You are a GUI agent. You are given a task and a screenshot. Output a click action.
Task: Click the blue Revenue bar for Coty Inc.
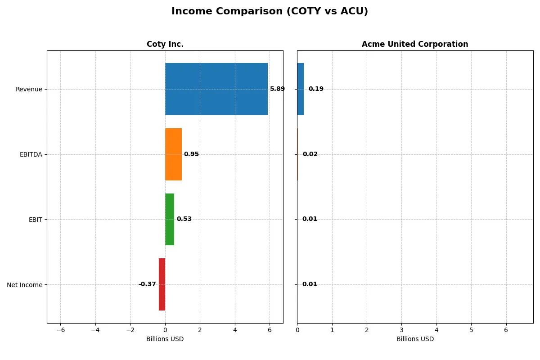tap(216, 89)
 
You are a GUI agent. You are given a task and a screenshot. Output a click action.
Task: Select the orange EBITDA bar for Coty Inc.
tap(173, 154)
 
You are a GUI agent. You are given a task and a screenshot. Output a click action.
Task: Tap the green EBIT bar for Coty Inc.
tap(170, 219)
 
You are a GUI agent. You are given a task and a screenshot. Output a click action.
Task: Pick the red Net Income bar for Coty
tap(162, 284)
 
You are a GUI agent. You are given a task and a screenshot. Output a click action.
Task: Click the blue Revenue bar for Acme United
tap(300, 89)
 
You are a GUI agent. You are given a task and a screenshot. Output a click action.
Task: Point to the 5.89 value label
tap(277, 89)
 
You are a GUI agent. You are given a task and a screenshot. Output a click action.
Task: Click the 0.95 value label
tap(191, 154)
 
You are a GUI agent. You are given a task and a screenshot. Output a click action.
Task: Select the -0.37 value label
tap(147, 284)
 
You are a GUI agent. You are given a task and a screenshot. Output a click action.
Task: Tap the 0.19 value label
tap(316, 89)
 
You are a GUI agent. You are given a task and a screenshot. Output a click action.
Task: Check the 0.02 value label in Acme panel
tap(310, 154)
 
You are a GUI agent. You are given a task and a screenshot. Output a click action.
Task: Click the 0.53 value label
tap(184, 219)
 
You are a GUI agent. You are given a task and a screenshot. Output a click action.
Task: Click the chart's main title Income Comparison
tap(270, 12)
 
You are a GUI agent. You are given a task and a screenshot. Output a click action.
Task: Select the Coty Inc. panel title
tap(165, 45)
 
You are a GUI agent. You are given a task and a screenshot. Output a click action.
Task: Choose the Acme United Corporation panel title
tap(415, 45)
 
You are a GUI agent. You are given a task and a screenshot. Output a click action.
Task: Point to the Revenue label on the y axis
tap(29, 89)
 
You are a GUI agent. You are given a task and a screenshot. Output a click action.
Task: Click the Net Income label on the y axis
tap(25, 284)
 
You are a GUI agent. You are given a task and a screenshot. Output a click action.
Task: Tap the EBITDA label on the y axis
tap(31, 154)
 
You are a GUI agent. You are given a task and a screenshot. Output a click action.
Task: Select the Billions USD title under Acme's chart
tap(415, 339)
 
